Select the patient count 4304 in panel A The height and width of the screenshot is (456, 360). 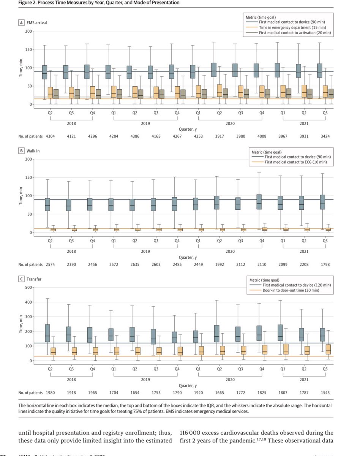pyautogui.click(x=50, y=136)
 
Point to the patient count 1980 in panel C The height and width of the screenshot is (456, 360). pyautogui.click(x=50, y=392)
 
